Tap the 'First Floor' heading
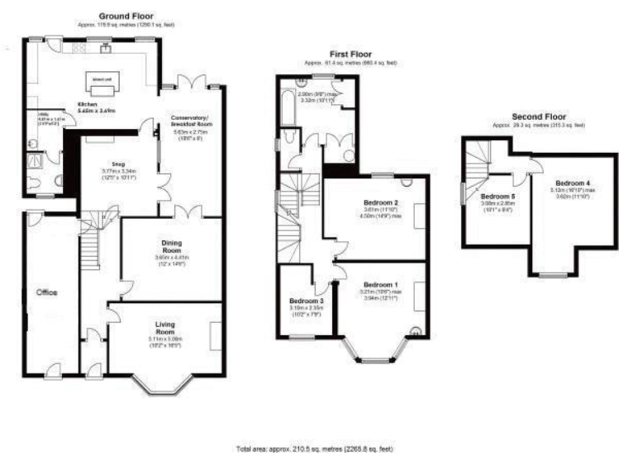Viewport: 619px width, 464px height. (350, 53)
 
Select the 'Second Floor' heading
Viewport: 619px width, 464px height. (538, 116)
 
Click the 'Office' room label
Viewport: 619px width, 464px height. (45, 292)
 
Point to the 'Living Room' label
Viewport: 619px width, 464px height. (164, 328)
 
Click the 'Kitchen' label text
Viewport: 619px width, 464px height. (88, 106)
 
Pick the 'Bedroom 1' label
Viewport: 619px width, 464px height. (380, 285)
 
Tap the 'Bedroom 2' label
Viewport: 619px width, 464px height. (380, 201)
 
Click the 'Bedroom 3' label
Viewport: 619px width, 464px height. (307, 300)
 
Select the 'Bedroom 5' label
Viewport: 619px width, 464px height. (496, 196)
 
